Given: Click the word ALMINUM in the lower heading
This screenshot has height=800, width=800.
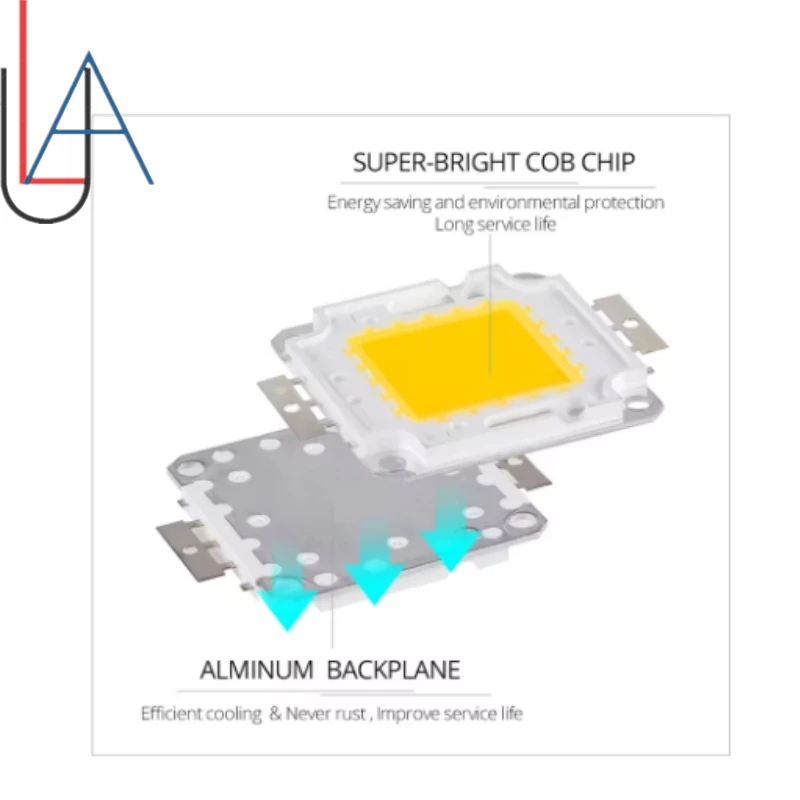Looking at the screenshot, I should (x=257, y=669).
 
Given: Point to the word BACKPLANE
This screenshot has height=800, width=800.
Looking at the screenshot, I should (x=394, y=669).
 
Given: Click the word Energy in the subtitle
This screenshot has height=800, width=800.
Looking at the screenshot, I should (x=353, y=203).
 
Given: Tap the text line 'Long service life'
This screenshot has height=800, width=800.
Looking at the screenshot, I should (x=494, y=224).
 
